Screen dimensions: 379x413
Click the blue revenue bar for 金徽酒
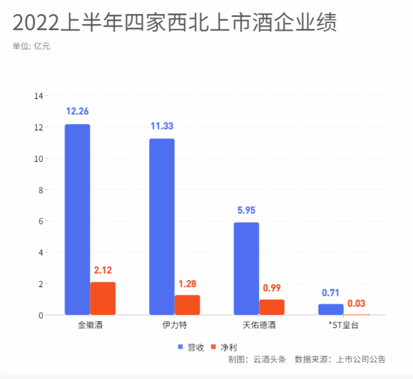click(77, 219)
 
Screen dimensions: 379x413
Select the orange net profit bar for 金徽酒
click(103, 298)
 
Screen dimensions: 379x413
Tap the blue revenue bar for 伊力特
click(162, 227)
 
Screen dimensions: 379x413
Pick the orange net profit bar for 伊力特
click(187, 305)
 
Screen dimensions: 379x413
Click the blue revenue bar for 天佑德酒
click(246, 269)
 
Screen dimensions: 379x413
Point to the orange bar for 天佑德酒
click(271, 307)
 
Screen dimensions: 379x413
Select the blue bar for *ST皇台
click(331, 309)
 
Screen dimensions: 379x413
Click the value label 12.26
click(77, 111)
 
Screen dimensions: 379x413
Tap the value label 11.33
click(162, 126)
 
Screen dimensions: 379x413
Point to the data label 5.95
click(246, 210)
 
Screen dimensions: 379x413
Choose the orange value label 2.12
click(103, 270)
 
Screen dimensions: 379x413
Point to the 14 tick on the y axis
click(39, 96)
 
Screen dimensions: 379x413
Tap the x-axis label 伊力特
click(174, 325)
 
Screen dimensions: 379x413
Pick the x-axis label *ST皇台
click(343, 325)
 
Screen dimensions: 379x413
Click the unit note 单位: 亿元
click(31, 46)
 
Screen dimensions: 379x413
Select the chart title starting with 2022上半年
click(174, 23)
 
